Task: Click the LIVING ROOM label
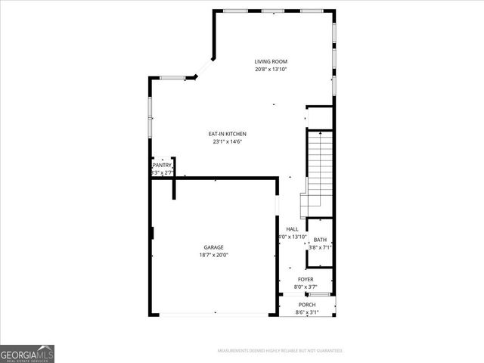(271, 62)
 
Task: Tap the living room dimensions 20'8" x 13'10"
(271, 70)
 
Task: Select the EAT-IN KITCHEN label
(228, 134)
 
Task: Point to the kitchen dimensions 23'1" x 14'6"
(228, 141)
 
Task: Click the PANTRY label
(163, 165)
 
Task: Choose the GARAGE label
(213, 247)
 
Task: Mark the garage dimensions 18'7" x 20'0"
(213, 255)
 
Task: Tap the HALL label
(292, 229)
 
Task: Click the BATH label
(321, 240)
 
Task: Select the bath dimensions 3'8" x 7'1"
(321, 247)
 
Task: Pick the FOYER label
(306, 280)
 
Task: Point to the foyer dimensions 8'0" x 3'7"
(306, 287)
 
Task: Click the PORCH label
(306, 305)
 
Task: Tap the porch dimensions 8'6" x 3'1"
(306, 312)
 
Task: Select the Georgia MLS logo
(27, 353)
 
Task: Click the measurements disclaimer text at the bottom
(281, 351)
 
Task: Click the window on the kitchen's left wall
(150, 117)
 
